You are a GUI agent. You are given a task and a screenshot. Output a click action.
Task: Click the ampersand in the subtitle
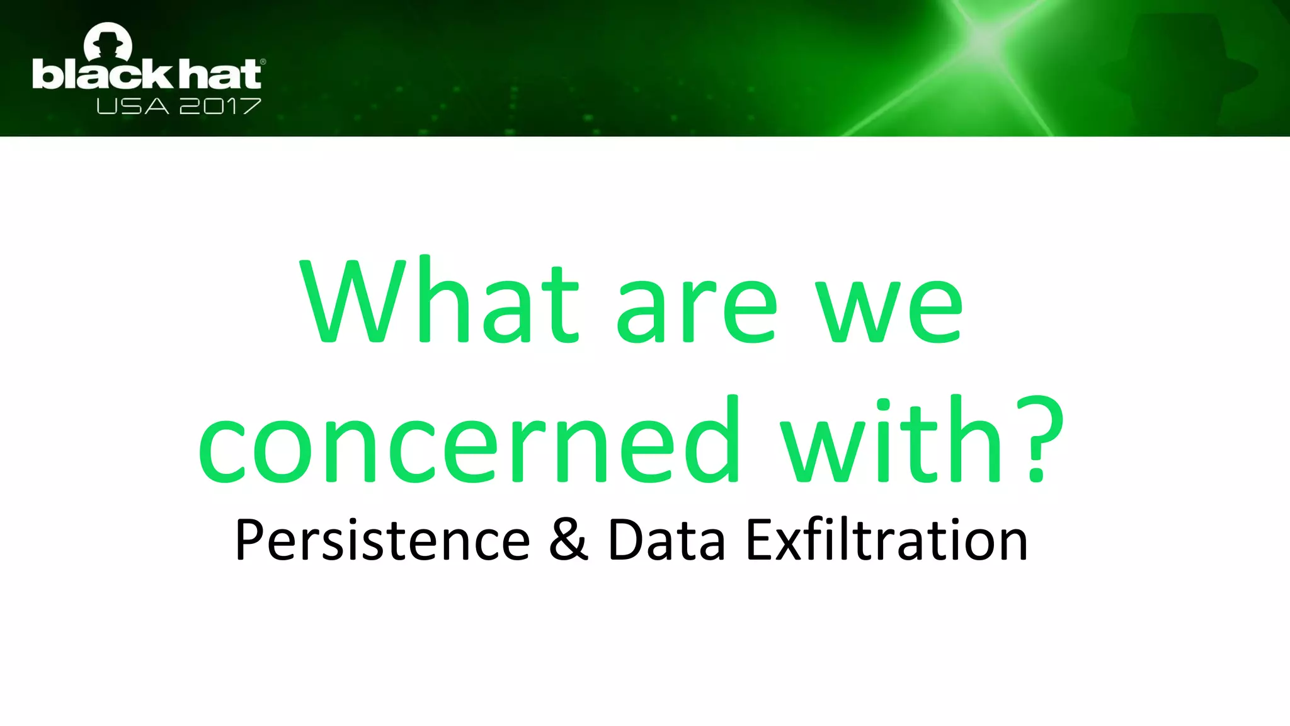568,540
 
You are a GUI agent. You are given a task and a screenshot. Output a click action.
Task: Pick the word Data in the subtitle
666,540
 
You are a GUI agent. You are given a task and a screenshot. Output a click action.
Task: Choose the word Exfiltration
887,540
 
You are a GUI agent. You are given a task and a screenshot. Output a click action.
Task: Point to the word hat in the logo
220,74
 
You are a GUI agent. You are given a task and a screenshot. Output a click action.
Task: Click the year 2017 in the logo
220,107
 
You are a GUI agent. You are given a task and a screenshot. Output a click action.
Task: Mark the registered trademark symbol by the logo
263,62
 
